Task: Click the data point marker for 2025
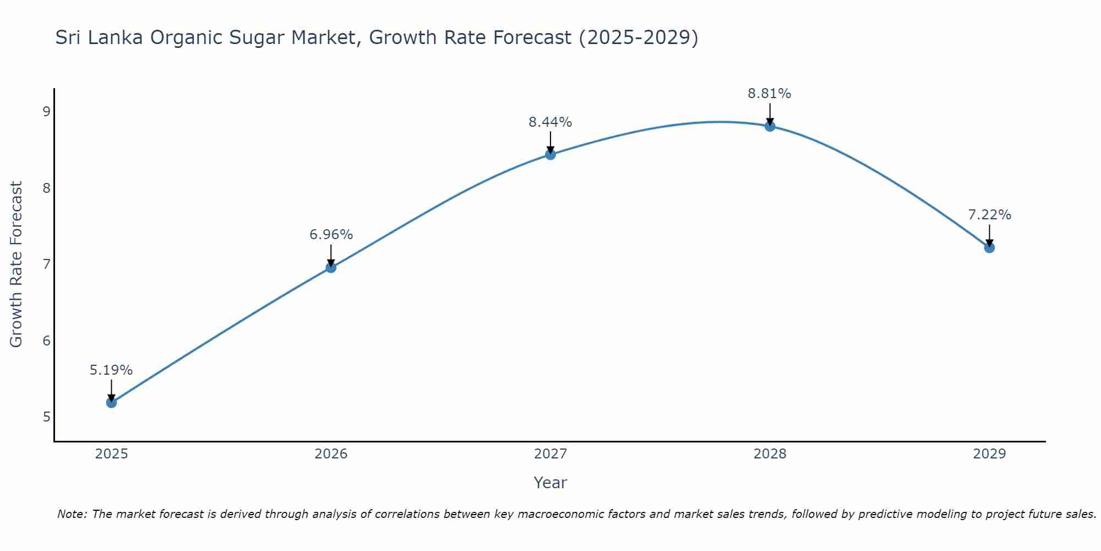pos(111,403)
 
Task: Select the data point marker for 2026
pos(331,268)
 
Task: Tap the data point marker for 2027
pos(550,155)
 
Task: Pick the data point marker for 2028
pos(770,126)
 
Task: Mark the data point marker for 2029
pos(989,248)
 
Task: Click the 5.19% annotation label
pos(111,370)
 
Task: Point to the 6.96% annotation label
pos(331,235)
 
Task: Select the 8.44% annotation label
pos(550,122)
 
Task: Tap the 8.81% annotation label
pos(770,94)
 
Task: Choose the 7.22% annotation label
pos(989,215)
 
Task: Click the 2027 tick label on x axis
pos(550,454)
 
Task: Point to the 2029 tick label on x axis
pos(989,454)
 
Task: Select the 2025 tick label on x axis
pos(111,454)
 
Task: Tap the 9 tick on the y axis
pos(46,112)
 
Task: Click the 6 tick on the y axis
pos(46,341)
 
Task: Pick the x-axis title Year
pos(550,483)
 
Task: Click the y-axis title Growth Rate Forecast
pos(17,264)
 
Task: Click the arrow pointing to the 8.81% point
pos(770,115)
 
